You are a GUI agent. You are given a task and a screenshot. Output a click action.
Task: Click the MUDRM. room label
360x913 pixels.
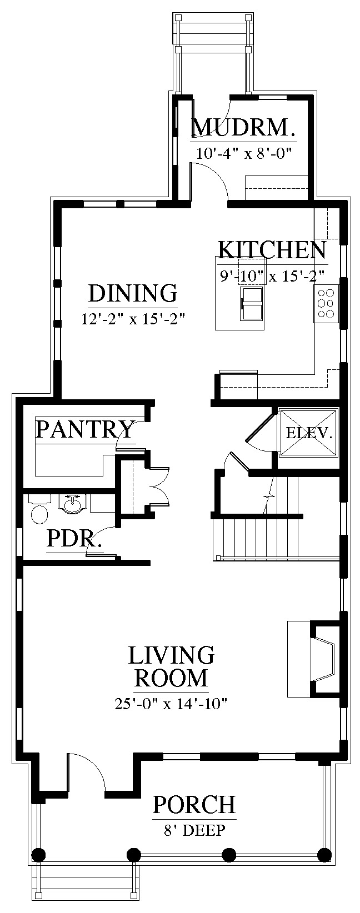click(x=243, y=127)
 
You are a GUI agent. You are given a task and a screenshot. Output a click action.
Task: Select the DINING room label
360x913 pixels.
click(x=133, y=293)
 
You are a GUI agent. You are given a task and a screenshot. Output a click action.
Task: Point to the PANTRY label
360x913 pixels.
click(x=85, y=429)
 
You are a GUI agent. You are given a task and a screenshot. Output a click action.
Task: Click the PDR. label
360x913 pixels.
click(x=74, y=539)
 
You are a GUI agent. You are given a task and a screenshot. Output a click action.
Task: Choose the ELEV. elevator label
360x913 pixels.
click(x=309, y=433)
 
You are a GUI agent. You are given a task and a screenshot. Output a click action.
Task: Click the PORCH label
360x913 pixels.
click(x=194, y=804)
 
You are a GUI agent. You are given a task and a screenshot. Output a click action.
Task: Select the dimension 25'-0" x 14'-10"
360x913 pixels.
click(x=171, y=704)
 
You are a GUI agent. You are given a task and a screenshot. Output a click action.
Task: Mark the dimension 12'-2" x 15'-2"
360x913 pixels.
click(x=134, y=319)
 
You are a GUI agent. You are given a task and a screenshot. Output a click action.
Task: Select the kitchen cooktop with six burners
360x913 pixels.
click(x=327, y=304)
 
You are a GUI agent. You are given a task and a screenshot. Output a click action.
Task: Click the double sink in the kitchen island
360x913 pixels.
click(x=253, y=304)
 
